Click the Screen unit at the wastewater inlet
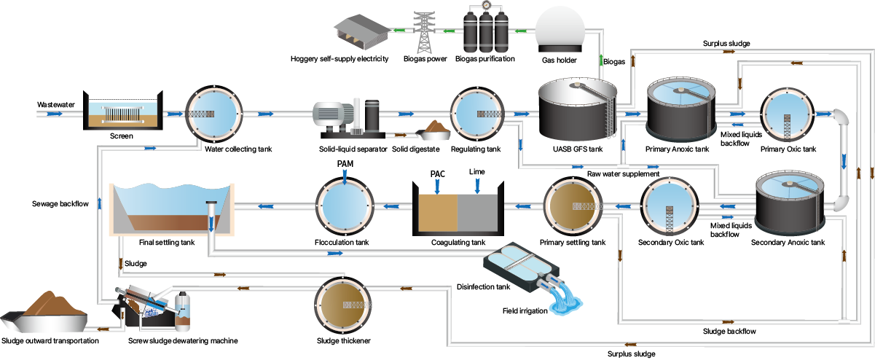pyautogui.click(x=122, y=113)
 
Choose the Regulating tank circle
pyautogui.click(x=478, y=114)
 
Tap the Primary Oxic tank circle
pyautogui.click(x=788, y=114)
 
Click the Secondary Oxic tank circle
pyautogui.click(x=670, y=207)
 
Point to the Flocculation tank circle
pyautogui.click(x=345, y=206)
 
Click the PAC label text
pyautogui.click(x=437, y=174)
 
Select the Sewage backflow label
pyautogui.click(x=60, y=203)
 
